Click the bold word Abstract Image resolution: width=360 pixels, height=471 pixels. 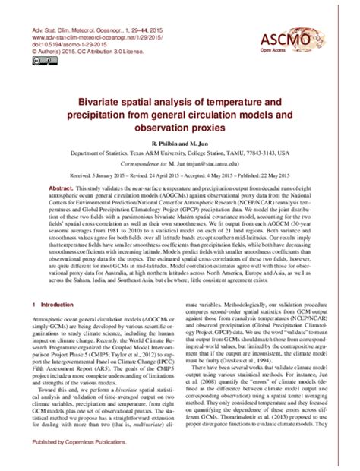click(63, 186)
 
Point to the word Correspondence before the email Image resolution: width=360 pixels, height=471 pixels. click(138, 163)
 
